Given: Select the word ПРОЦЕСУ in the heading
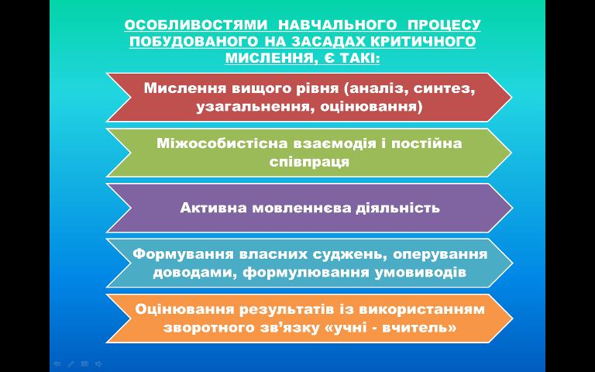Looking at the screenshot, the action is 443,26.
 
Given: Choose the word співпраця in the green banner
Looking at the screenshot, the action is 309,163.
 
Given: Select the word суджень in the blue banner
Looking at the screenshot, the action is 351,254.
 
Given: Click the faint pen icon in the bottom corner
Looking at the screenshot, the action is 71,364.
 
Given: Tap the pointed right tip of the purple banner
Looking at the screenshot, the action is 512,208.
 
